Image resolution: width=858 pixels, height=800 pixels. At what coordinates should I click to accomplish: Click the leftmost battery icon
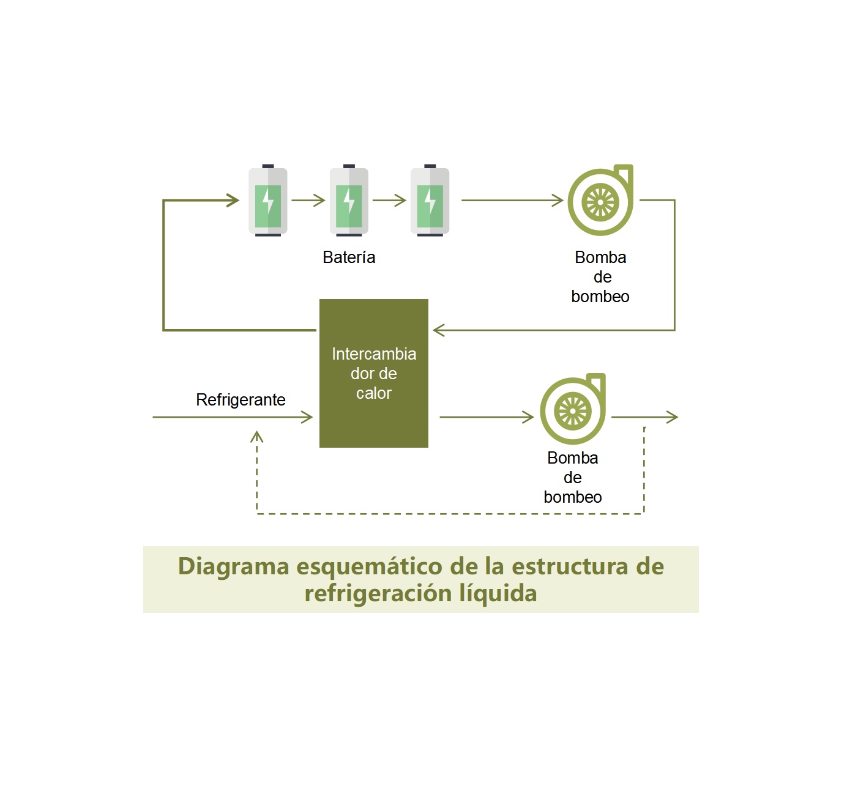(x=267, y=201)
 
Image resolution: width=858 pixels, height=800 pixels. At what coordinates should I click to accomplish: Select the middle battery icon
(x=349, y=201)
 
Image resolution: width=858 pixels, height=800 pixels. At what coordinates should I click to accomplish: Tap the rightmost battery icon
(x=430, y=201)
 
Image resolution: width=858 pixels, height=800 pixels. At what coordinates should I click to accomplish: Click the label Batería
(x=349, y=257)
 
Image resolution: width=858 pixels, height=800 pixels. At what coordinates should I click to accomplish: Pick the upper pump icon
(x=600, y=201)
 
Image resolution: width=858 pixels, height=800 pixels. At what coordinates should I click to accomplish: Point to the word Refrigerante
(x=241, y=400)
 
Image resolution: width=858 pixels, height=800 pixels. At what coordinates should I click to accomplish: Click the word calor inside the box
(x=374, y=393)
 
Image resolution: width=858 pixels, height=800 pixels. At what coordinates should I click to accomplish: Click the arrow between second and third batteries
(x=390, y=200)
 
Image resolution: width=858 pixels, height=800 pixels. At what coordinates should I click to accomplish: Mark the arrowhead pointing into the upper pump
(x=558, y=200)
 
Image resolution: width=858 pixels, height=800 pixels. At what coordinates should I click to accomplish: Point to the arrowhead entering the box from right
(x=438, y=330)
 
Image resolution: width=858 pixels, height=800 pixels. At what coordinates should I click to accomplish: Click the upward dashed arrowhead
(x=257, y=436)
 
